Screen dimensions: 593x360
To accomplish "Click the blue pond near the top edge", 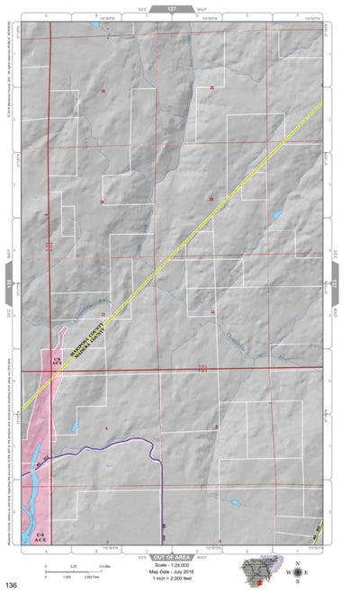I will pyautogui.click(x=94, y=25).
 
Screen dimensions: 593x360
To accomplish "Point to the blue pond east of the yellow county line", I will pyautogui.click(x=276, y=216).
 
